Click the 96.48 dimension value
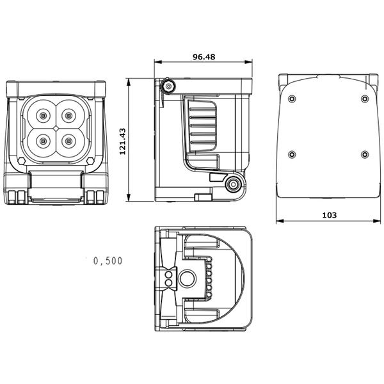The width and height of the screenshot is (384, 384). click(204, 56)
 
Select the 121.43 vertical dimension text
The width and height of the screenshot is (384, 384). click(122, 140)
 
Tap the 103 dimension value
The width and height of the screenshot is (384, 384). click(328, 215)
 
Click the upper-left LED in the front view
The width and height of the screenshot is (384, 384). click(43, 116)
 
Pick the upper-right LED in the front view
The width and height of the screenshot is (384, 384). click(68, 116)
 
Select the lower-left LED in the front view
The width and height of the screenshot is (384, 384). click(43, 140)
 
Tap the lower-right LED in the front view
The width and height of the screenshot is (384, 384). click(68, 140)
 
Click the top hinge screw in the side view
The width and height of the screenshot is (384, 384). click(168, 86)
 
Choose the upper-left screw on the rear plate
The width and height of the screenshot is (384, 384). click(292, 99)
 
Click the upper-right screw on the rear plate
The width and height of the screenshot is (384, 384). click(364, 99)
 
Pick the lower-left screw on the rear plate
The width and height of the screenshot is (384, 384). click(292, 154)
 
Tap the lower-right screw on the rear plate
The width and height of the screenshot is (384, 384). click(364, 154)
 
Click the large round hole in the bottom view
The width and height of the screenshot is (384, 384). click(187, 279)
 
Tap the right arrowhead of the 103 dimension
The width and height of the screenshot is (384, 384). click(377, 222)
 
